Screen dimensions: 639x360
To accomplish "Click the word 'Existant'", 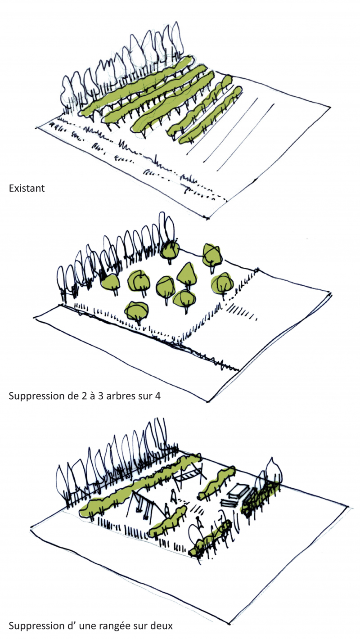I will point(27,188).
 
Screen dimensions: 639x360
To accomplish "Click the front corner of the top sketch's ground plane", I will point(208,219).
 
